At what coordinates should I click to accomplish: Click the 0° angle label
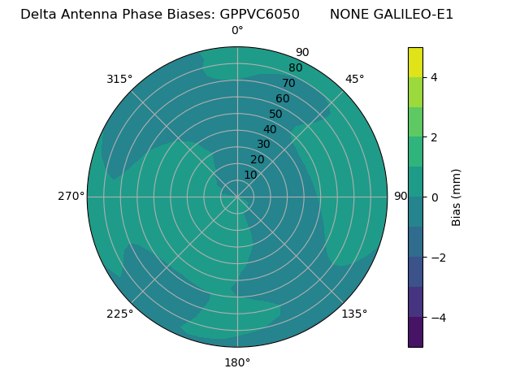click(237, 31)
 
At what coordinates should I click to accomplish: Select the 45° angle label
click(354, 79)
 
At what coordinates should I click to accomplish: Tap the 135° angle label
click(354, 314)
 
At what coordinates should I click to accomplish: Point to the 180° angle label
click(237, 362)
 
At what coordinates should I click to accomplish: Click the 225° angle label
click(119, 314)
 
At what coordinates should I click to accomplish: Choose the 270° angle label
click(71, 196)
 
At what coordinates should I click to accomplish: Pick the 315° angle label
click(119, 79)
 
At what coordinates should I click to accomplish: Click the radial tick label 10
click(250, 175)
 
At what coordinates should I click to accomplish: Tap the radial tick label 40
click(270, 130)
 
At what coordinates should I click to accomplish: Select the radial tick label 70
click(288, 83)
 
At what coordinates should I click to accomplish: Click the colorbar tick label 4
click(434, 77)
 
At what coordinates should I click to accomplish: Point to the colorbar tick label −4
click(436, 317)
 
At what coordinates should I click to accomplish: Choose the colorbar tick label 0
click(434, 197)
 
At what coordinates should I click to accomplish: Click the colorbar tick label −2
click(436, 258)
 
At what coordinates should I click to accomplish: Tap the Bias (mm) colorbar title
click(457, 197)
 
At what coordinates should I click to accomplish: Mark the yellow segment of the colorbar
click(415, 63)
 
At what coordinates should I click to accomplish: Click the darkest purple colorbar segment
click(415, 332)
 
